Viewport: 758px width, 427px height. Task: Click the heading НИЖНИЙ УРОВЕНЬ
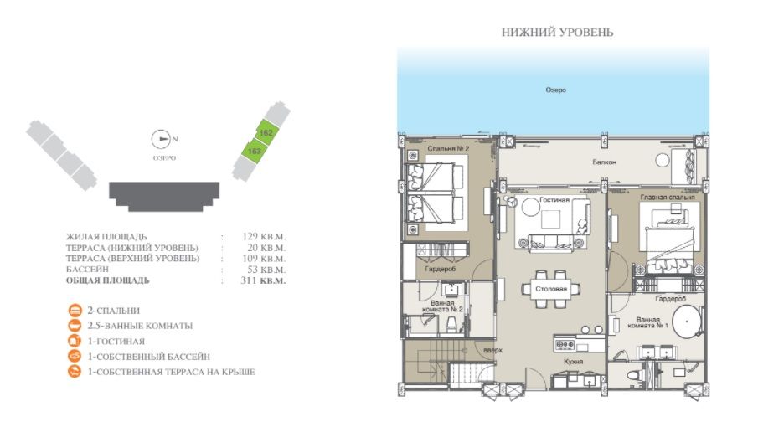(557, 33)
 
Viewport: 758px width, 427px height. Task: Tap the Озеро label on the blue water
(554, 90)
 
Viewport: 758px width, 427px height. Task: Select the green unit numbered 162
(266, 133)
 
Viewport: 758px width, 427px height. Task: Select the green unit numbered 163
(255, 151)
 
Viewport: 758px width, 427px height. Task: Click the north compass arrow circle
(159, 140)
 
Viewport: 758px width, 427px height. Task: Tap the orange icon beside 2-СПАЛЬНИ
(75, 311)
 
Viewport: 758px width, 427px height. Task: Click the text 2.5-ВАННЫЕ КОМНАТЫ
(140, 326)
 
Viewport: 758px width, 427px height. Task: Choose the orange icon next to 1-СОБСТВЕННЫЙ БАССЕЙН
(75, 356)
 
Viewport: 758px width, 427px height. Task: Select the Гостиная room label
(554, 201)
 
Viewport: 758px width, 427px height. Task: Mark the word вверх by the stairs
(493, 349)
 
